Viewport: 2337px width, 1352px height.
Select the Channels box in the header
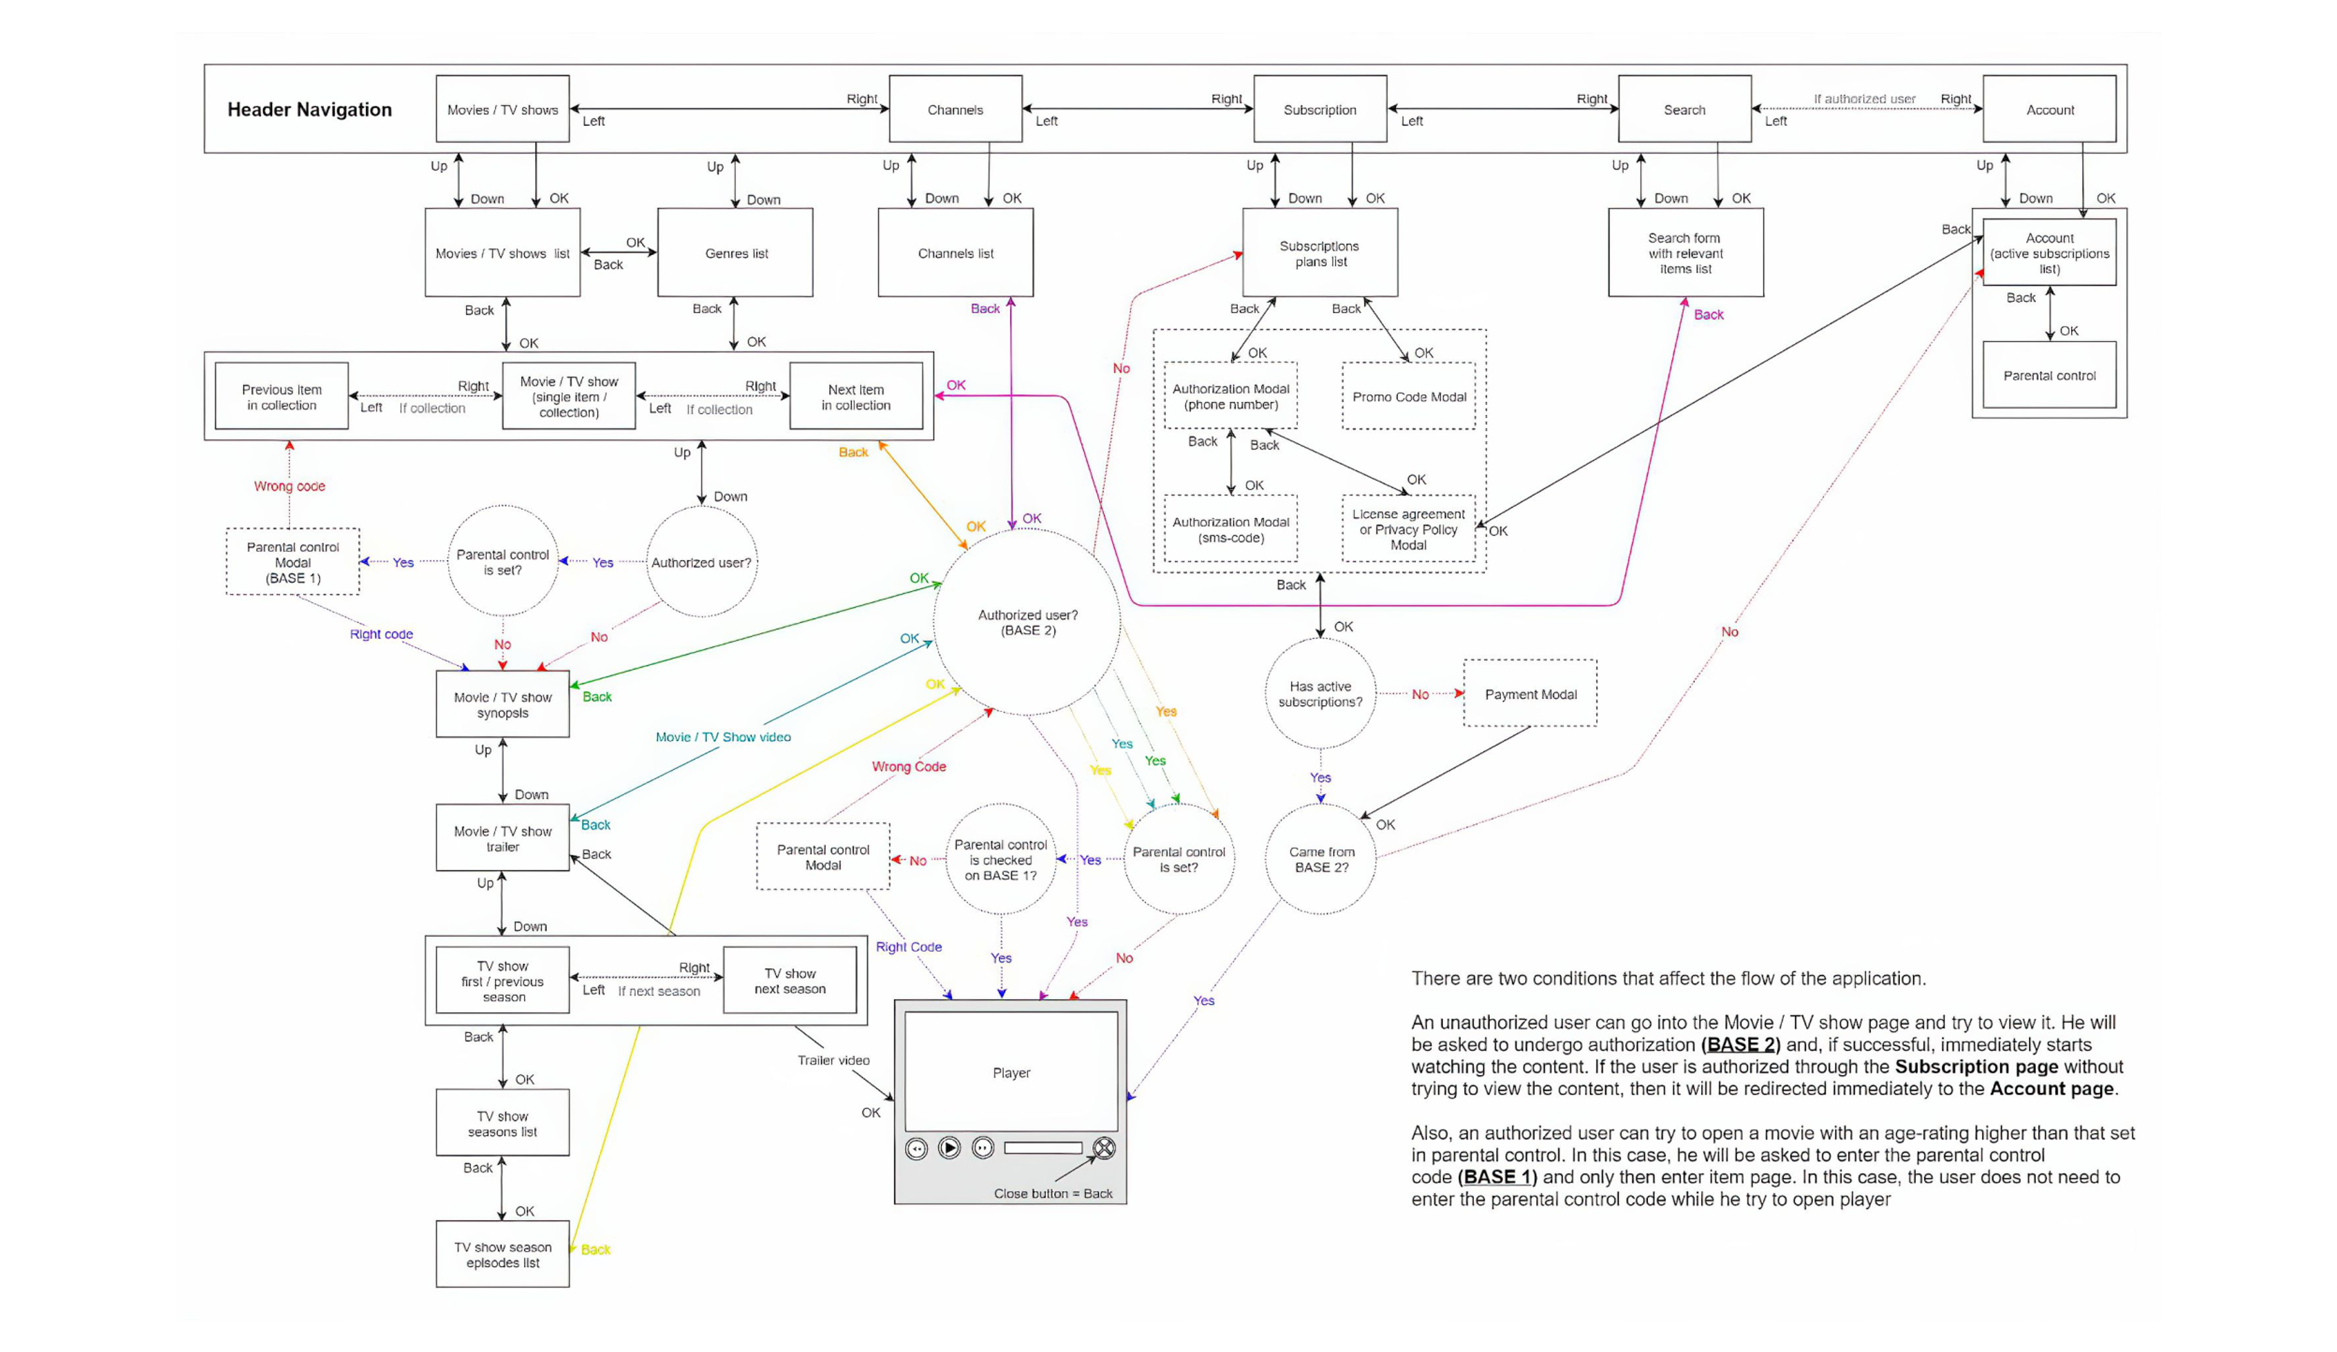[x=955, y=110]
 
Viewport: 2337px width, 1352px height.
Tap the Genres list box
[x=735, y=253]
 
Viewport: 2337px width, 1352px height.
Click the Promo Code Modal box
[x=1409, y=397]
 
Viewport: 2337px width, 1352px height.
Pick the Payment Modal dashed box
[x=1530, y=694]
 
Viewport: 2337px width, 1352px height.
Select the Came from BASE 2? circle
[x=1321, y=859]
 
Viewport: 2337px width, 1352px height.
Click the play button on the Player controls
[x=949, y=1148]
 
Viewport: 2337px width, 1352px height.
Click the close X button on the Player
[x=1103, y=1148]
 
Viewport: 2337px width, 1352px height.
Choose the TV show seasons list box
[x=503, y=1123]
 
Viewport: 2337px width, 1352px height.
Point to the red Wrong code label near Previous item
[x=289, y=486]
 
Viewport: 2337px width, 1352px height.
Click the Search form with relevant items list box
[x=1685, y=253]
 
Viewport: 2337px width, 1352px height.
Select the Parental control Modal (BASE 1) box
[x=293, y=562]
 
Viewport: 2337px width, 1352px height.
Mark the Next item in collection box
[x=855, y=397]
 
